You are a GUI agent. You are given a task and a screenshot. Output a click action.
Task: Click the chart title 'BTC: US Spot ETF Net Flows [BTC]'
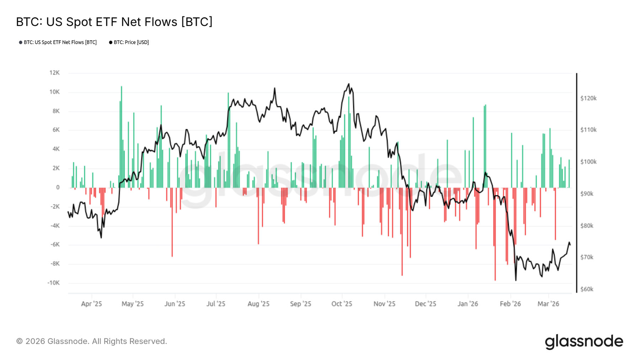(x=114, y=22)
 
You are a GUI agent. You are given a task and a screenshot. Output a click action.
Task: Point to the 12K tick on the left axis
(x=54, y=73)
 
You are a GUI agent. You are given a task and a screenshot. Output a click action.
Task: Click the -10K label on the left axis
(x=53, y=283)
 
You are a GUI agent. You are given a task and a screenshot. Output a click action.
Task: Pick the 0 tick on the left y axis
(x=58, y=187)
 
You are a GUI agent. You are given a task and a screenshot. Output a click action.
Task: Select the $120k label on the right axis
(x=588, y=98)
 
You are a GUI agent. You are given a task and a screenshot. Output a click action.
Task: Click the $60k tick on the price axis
(x=587, y=289)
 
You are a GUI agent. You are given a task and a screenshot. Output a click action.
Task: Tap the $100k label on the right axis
(x=588, y=162)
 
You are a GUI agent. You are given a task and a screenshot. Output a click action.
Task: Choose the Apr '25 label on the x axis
(x=91, y=304)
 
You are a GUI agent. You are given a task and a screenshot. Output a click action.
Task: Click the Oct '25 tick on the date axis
(x=342, y=304)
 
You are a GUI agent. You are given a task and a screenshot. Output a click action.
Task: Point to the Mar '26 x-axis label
(x=548, y=304)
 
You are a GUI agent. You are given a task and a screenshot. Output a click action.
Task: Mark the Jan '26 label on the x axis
(x=468, y=304)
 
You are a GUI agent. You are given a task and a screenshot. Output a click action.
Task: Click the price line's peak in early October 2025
(x=349, y=84)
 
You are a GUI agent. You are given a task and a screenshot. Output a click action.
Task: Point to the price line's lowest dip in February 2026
(x=516, y=280)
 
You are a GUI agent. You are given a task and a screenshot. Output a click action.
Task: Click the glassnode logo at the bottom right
(x=584, y=342)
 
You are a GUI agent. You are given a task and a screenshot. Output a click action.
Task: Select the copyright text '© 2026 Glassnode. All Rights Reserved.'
(x=91, y=341)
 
